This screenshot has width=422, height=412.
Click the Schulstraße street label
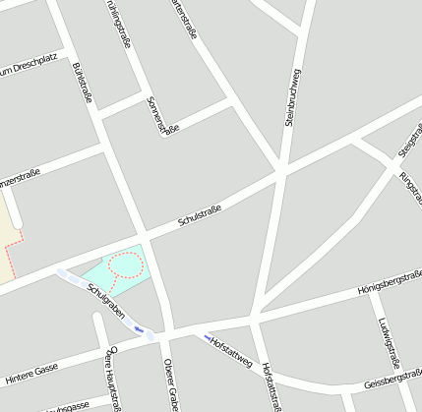(x=200, y=215)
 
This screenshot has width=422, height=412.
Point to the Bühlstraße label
(x=83, y=83)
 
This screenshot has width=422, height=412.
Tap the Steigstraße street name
(x=405, y=144)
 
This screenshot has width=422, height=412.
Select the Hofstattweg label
(x=229, y=351)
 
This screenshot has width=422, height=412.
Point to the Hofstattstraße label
(x=273, y=384)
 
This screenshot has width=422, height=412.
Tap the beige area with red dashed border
(x=8, y=236)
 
